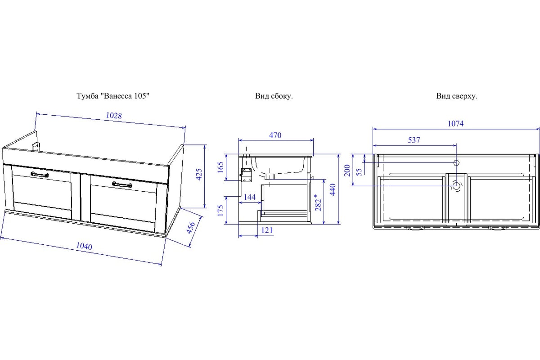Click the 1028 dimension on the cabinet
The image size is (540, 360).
(114, 116)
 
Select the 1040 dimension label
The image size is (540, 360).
(84, 246)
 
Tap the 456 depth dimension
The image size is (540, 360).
(191, 228)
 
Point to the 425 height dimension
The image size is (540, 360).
(199, 174)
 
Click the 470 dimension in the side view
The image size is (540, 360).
(275, 135)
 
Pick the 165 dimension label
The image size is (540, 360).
(220, 167)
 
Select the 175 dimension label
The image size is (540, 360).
(220, 211)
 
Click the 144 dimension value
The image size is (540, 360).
(249, 197)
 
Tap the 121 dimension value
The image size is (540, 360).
(267, 230)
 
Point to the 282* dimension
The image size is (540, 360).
(319, 202)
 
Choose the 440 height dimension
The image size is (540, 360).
(333, 189)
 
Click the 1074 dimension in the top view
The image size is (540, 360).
(455, 124)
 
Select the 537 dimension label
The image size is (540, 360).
(414, 140)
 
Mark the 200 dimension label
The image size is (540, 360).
(347, 170)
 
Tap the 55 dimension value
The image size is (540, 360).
(359, 172)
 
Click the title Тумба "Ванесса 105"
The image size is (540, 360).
(113, 96)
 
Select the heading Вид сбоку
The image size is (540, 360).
(274, 96)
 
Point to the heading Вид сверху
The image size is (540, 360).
(457, 96)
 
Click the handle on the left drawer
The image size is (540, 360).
(40, 174)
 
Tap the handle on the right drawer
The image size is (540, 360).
(122, 184)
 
